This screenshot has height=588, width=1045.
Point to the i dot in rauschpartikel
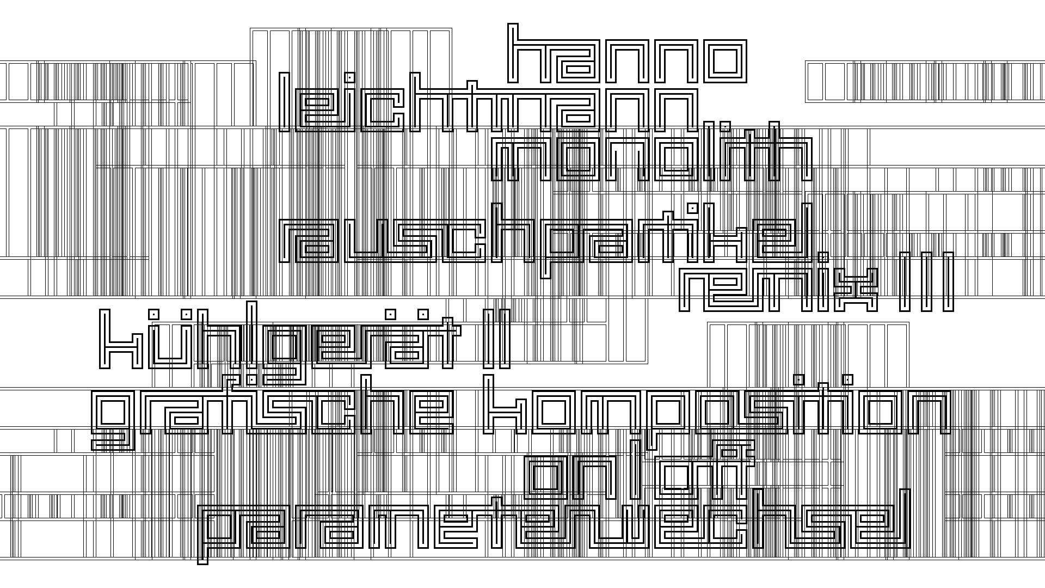[x=692, y=208]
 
